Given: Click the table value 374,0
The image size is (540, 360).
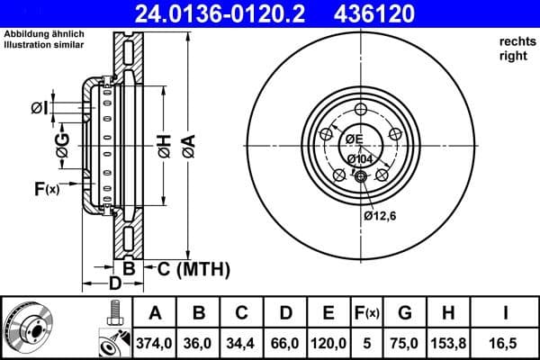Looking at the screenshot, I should pos(156,343).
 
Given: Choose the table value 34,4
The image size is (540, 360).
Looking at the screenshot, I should pos(242,343).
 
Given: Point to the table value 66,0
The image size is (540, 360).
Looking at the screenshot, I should pos(285,343).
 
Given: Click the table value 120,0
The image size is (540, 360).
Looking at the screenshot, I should pos(328,343).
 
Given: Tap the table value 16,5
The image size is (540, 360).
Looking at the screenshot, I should pos(505,343).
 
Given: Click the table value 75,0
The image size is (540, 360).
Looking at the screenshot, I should pos(403,343).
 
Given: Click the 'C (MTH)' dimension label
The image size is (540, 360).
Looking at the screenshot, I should pos(193,268).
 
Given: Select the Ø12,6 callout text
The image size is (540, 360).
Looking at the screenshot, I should pos(381,215).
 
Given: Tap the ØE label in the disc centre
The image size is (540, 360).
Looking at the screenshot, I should pos(352,139).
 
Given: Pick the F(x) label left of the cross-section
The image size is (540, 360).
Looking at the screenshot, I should pos(46,188).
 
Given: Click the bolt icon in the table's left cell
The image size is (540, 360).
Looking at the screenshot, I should pos(112,315).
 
